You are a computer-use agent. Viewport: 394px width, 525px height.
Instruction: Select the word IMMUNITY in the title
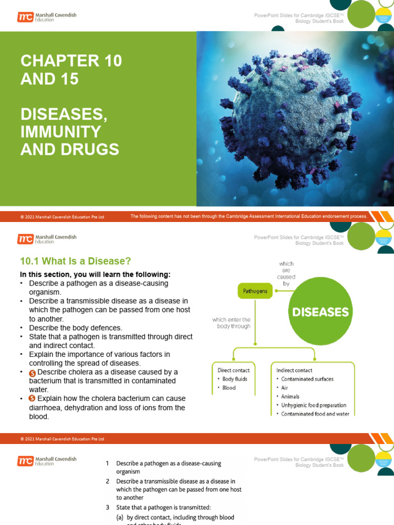coord(61,132)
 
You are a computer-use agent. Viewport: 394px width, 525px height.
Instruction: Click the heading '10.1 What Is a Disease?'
coord(75,261)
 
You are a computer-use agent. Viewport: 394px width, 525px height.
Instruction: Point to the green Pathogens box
coord(255,291)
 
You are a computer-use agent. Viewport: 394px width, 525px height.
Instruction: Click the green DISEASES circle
coord(320,311)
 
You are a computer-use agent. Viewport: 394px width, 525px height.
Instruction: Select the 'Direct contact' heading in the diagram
coord(234,370)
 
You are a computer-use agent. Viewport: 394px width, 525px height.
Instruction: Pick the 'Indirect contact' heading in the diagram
coord(294,370)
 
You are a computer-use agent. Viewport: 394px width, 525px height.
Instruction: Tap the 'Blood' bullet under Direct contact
coord(229,388)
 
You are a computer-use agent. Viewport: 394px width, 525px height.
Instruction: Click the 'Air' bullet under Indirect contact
coord(285,388)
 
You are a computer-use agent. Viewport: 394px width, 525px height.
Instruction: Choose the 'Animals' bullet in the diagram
coord(290,396)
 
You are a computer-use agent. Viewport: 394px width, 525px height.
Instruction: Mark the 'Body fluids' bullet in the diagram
coord(235,379)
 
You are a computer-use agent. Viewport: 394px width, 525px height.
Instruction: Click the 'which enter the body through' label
coord(231,323)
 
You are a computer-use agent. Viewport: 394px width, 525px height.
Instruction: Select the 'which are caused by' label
coord(286,274)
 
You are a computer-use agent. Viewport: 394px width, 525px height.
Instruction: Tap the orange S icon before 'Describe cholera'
coord(33,372)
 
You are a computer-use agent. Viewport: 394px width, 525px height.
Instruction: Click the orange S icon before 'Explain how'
coord(33,399)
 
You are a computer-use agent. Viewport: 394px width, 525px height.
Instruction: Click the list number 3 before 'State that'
coord(108,508)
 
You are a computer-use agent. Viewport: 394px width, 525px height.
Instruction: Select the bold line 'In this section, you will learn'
coord(95,274)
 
